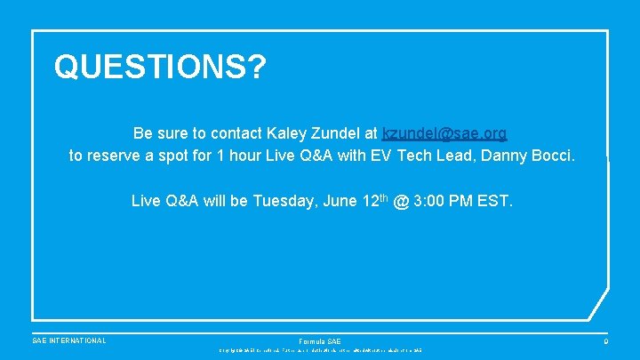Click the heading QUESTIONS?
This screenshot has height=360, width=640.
(160, 67)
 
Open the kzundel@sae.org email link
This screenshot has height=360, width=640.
(444, 133)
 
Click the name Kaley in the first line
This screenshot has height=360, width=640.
(285, 133)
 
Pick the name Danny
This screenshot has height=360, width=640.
(500, 156)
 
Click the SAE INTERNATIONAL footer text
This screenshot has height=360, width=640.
(68, 340)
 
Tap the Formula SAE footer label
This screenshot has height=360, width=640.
(319, 341)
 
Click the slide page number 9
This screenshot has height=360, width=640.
(605, 340)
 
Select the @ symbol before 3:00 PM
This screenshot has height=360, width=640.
(402, 201)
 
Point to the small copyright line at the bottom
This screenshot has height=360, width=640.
(319, 351)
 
